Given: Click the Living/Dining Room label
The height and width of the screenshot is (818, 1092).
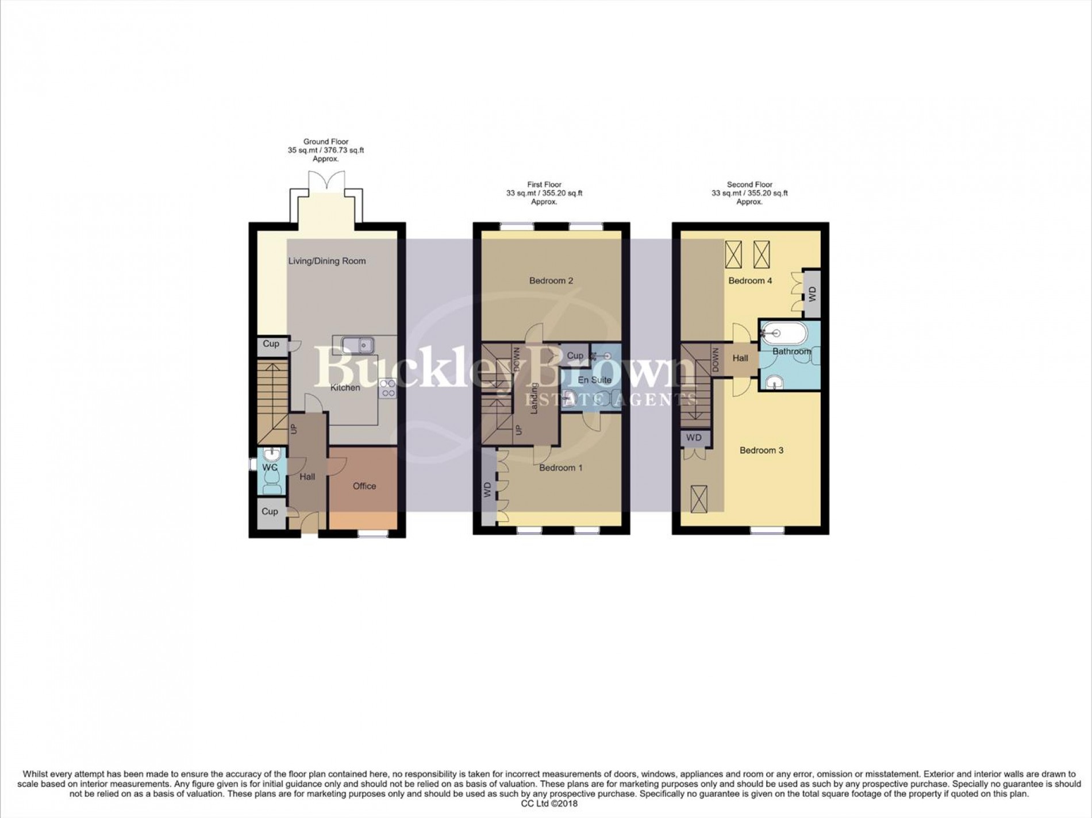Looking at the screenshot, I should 326,261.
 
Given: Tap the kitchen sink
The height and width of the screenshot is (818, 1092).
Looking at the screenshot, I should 357,345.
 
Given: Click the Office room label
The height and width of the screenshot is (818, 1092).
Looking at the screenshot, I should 364,486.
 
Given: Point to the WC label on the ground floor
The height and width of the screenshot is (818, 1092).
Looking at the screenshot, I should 270,468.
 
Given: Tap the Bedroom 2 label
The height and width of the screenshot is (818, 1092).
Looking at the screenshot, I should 551,281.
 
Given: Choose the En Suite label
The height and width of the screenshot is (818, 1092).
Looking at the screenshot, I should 594,380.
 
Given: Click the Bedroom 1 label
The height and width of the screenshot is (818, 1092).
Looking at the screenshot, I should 560,468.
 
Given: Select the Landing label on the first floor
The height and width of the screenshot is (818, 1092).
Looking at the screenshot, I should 534,398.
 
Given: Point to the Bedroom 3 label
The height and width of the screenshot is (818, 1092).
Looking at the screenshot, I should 762,450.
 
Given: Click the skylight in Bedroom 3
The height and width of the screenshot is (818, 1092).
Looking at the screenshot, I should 699,499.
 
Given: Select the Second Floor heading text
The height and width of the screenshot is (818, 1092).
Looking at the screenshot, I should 749,184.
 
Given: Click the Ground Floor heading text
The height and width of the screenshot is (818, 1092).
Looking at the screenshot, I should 326,141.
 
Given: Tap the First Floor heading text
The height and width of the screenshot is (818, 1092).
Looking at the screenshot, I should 544,184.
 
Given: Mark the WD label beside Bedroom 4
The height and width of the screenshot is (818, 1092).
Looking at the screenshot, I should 812,295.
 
